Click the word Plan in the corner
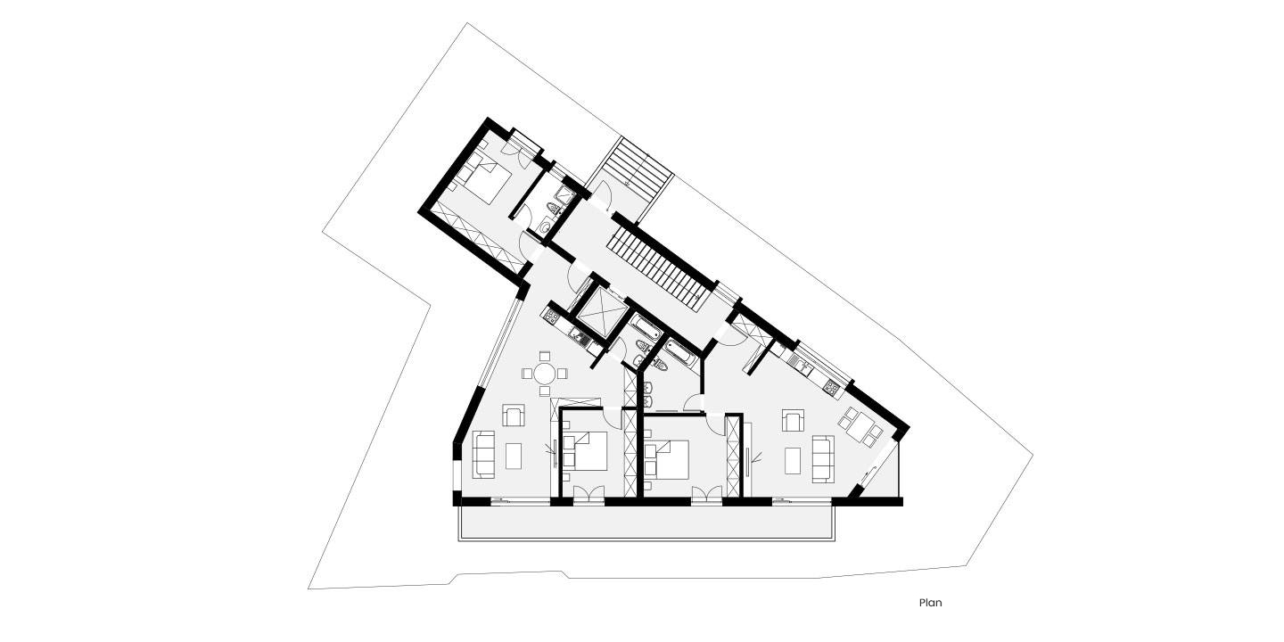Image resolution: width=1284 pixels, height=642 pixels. (x=930, y=603)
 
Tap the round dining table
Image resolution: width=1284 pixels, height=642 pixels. (x=545, y=374)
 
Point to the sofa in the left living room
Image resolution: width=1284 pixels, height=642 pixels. (x=483, y=454)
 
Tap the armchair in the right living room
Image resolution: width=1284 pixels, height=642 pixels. (x=792, y=420)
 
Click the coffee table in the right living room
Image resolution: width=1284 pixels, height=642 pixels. (x=793, y=460)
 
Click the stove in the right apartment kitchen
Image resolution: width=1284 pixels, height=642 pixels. (x=833, y=386)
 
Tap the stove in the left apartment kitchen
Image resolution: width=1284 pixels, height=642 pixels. (x=551, y=315)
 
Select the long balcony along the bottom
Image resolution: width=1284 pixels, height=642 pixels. (x=646, y=523)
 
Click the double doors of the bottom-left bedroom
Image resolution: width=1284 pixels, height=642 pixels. (x=588, y=495)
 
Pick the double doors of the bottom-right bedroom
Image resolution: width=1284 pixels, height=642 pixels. (x=706, y=495)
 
